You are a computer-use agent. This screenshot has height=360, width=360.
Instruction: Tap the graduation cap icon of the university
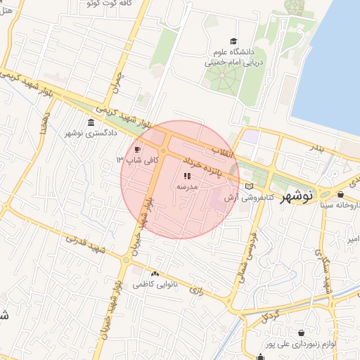233,42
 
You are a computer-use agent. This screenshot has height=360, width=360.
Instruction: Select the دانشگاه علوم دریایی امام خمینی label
233,57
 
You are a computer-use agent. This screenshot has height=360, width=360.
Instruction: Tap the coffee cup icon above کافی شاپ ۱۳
137,149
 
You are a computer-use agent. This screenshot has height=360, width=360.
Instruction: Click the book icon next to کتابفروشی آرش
249,186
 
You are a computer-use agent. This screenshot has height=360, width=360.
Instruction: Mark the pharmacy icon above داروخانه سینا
341,195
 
